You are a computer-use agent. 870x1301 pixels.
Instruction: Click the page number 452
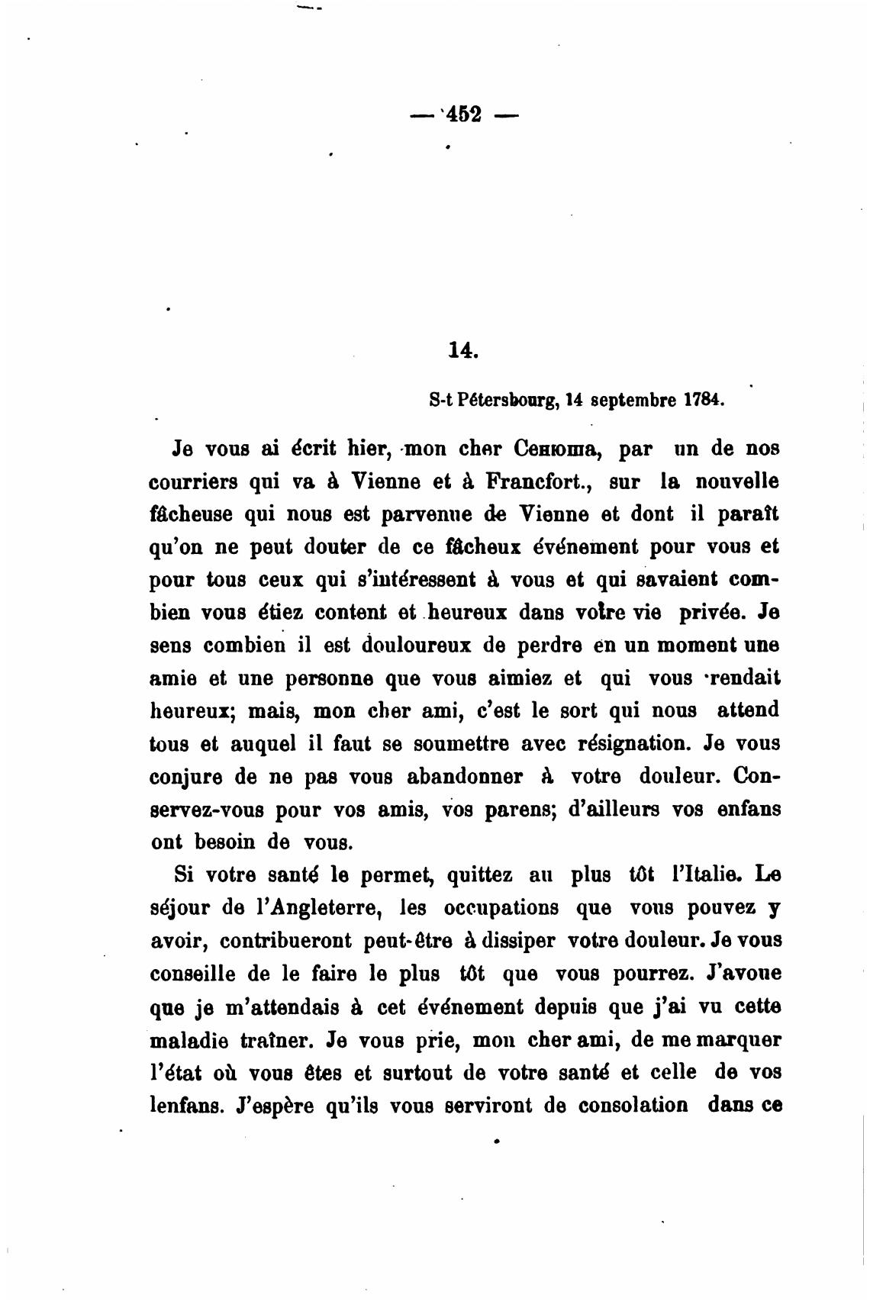pyautogui.click(x=462, y=115)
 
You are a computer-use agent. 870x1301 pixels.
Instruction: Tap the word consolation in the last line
pyautogui.click(x=633, y=1106)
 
